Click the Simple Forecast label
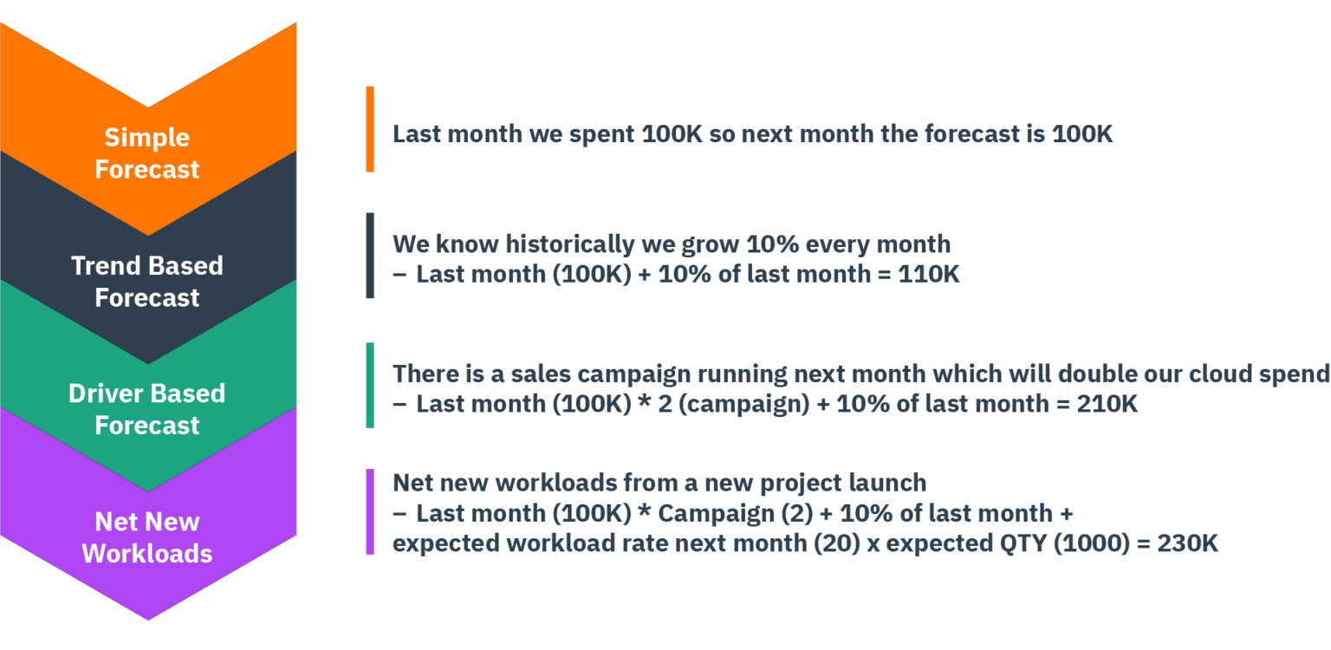(x=147, y=153)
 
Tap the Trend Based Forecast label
(x=147, y=282)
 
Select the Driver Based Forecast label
(x=147, y=409)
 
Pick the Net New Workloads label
(x=147, y=537)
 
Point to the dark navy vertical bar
(x=370, y=256)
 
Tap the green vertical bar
(x=370, y=385)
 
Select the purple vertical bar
(x=370, y=512)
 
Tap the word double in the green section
(x=1052, y=374)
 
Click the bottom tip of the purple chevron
(x=148, y=618)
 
